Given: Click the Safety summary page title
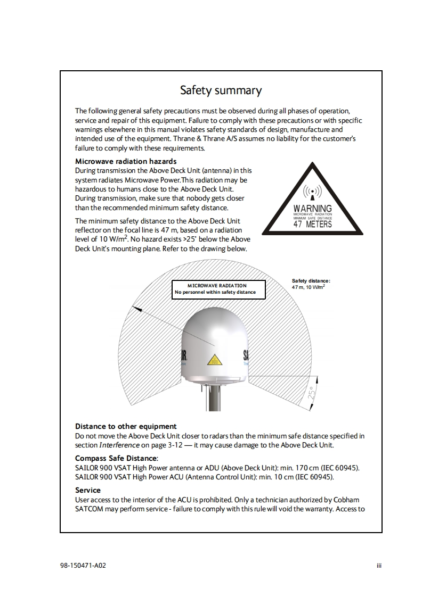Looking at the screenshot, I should (221, 90).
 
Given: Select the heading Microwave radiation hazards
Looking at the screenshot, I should (126, 161).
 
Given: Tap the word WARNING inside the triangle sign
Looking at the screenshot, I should (313, 209).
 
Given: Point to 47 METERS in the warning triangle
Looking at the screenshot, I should (313, 224).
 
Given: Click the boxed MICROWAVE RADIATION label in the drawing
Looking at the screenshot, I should (217, 286).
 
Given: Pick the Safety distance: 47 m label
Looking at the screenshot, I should (311, 284).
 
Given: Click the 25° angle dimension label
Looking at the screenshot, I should (312, 394).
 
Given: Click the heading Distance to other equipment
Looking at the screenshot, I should (126, 426).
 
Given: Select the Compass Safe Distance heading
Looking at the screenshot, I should (116, 458).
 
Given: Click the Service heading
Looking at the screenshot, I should (88, 490).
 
